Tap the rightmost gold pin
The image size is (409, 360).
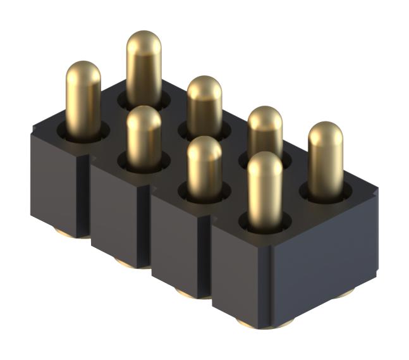(x=325, y=158)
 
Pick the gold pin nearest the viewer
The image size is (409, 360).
(x=264, y=190)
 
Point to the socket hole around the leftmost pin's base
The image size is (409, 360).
(x=83, y=132)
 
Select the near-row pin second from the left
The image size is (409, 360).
(x=143, y=136)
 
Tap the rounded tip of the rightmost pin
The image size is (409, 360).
(x=326, y=132)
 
